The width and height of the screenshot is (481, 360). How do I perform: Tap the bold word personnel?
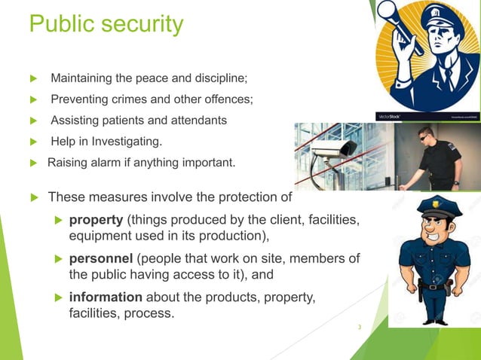pyautogui.click(x=103, y=258)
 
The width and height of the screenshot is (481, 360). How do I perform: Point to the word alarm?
pyautogui.click(x=106, y=160)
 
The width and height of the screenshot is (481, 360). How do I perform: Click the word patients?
pyautogui.click(x=124, y=120)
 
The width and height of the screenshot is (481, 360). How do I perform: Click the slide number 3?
pyautogui.click(x=360, y=327)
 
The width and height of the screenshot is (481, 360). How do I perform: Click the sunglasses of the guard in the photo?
pyautogui.click(x=427, y=135)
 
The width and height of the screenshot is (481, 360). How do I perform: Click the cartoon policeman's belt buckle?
pyautogui.click(x=433, y=286)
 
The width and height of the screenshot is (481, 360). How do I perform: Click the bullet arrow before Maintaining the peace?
pyautogui.click(x=32, y=78)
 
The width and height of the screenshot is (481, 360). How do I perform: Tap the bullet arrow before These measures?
pyautogui.click(x=32, y=198)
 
